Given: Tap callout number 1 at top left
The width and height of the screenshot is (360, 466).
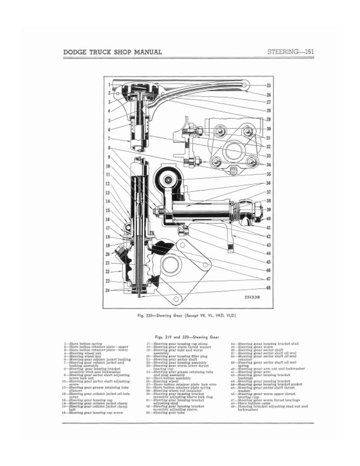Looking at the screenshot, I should (109, 86).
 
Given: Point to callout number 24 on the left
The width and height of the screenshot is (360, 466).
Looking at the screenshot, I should (109, 290).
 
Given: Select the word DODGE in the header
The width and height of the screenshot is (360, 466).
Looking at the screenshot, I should (77, 52).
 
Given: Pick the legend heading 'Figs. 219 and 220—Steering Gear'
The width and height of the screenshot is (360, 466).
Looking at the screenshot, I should (181, 337).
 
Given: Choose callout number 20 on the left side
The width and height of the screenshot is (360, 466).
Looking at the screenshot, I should (109, 254).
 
